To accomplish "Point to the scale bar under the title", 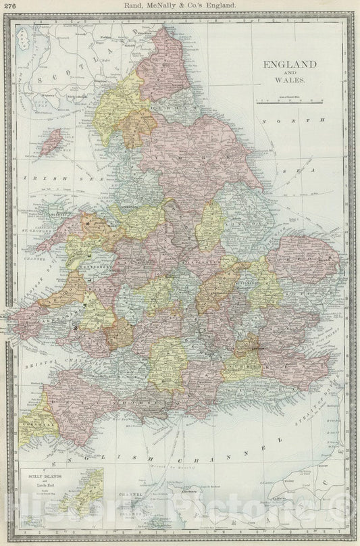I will [x=289, y=101].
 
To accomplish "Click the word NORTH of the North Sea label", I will [x=294, y=120].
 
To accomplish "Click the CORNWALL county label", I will [x=34, y=419].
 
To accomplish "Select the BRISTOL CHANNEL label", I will [x=51, y=366].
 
